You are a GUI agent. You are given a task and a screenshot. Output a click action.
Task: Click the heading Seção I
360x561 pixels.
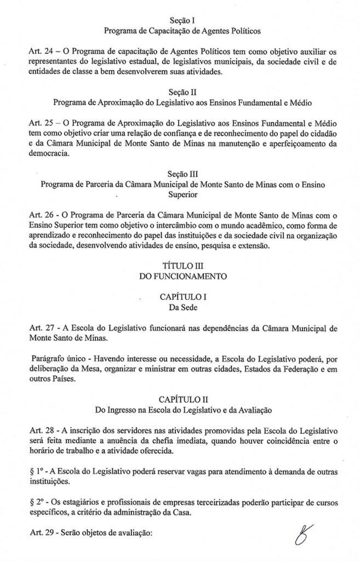click(x=182, y=20)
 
